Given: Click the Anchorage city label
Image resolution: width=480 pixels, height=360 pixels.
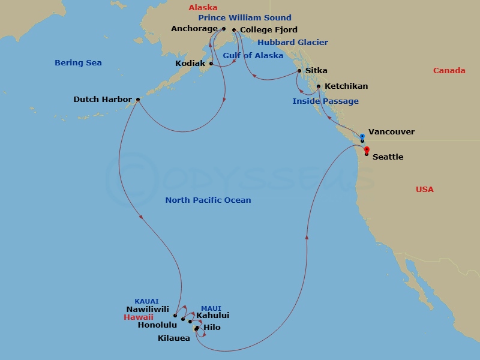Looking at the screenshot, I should click(x=194, y=28).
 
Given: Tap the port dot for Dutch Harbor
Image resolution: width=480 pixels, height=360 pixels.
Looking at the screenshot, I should click(x=138, y=100).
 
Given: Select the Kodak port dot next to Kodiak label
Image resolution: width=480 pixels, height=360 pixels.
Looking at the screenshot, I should click(x=211, y=64).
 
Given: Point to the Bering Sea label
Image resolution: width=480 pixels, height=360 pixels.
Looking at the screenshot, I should click(x=78, y=63).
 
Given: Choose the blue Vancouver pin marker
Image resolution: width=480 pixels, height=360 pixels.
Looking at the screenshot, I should click(x=362, y=137).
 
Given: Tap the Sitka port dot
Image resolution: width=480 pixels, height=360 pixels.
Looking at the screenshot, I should click(x=299, y=71).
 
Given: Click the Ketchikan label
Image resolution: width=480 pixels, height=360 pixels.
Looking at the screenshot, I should click(x=346, y=86).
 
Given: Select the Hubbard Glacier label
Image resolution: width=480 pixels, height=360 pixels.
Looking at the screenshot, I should click(x=293, y=43).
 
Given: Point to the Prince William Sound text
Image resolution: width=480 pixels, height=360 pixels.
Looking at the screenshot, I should click(x=245, y=18).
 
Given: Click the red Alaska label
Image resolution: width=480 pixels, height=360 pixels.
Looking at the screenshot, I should click(x=202, y=8).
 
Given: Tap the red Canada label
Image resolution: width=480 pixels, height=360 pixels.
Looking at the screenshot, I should click(x=449, y=71).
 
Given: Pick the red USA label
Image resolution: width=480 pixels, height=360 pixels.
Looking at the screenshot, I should click(x=425, y=190).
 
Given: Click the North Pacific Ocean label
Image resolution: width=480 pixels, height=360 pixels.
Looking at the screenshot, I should click(x=208, y=200).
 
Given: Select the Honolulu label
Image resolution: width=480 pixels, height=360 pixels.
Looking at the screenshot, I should click(x=157, y=325).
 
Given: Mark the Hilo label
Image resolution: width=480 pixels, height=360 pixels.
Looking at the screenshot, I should click(x=212, y=328).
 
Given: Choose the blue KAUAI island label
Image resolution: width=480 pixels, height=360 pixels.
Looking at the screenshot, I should click(x=147, y=301).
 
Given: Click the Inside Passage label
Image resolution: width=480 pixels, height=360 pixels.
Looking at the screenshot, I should click(x=326, y=101).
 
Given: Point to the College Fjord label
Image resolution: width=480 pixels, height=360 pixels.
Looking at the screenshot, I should click(x=260, y=29).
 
